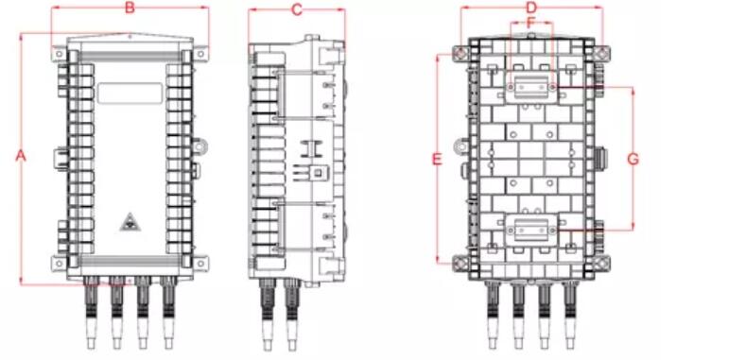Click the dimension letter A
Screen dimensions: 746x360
pyautogui.click(x=21, y=156)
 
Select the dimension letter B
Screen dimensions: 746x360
pyautogui.click(x=130, y=9)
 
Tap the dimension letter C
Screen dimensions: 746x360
pyautogui.click(x=297, y=9)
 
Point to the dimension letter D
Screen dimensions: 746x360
pyautogui.click(x=531, y=8)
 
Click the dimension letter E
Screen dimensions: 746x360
pyautogui.click(x=437, y=159)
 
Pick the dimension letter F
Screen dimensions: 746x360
pyautogui.click(x=531, y=23)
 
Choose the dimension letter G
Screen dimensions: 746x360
pyautogui.click(x=633, y=159)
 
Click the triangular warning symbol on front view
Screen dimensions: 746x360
pyautogui.click(x=130, y=222)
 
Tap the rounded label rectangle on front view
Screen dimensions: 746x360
pyautogui.click(x=130, y=93)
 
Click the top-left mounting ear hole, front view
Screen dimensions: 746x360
pyautogui.click(x=59, y=54)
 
